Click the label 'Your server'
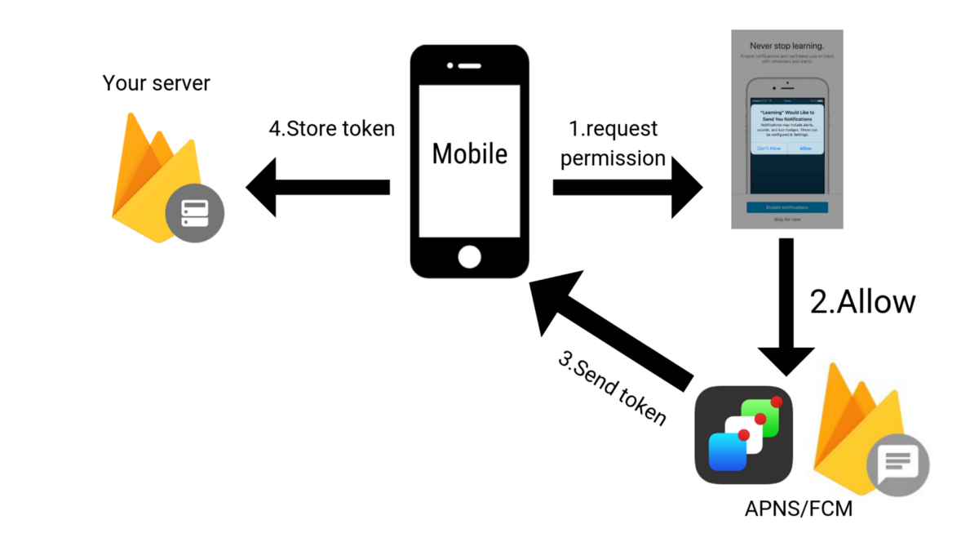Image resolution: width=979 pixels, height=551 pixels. coord(157,83)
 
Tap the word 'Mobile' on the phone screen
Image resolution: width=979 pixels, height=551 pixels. coord(469,153)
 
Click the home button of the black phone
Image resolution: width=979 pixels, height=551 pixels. coord(469,256)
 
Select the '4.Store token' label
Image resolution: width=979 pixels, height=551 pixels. coord(332,128)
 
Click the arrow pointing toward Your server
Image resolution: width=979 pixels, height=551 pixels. coord(318,187)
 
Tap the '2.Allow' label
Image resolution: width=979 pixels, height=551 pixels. coord(862,302)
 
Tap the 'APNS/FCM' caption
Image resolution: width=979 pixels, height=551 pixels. coord(799,509)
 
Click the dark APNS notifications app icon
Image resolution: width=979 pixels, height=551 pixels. coord(743,434)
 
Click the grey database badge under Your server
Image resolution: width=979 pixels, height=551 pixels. coord(194,214)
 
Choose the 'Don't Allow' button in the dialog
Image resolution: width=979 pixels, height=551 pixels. coord(769,149)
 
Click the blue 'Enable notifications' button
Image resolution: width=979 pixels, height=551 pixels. coord(787,208)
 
